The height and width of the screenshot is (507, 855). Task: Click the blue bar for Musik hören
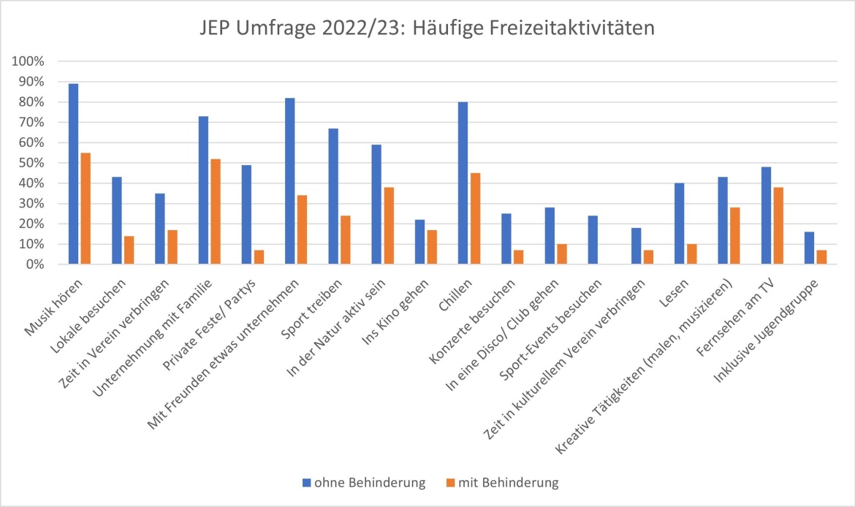[x=73, y=174]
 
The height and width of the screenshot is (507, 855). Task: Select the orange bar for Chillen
[x=475, y=218]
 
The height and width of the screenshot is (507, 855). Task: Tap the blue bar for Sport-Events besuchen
[x=593, y=240]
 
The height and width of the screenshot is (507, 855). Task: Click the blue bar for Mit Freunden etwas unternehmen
[x=289, y=181]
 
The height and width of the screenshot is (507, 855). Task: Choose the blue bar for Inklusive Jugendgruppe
[x=809, y=248]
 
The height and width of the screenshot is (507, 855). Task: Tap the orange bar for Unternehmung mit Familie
[x=216, y=211]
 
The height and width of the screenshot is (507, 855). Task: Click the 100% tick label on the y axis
[x=28, y=61]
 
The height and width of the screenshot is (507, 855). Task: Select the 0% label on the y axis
[x=34, y=264]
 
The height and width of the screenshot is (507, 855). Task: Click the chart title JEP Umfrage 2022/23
[x=427, y=28]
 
